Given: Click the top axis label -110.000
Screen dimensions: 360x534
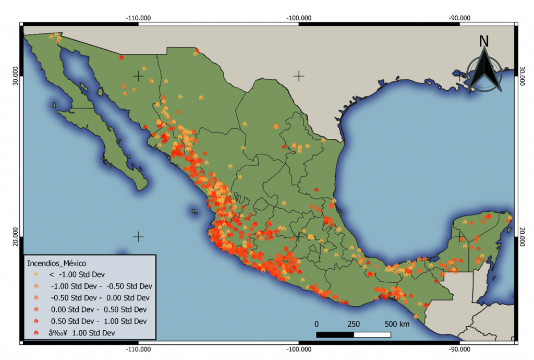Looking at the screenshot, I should [x=138, y=17].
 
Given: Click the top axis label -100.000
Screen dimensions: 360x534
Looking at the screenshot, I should [x=299, y=17].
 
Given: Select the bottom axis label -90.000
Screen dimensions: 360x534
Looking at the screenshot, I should [x=459, y=349].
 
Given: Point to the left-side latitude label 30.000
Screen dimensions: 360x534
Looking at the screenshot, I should [x=15, y=76].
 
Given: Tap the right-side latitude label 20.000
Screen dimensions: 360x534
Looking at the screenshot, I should [x=523, y=236].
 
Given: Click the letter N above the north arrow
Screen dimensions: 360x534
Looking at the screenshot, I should [x=484, y=41].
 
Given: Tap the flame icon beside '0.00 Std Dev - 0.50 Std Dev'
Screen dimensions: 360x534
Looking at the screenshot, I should [x=36, y=309].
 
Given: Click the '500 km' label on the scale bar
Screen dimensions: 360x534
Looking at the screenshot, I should [x=397, y=323].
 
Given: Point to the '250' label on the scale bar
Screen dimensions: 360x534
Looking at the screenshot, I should [x=354, y=323].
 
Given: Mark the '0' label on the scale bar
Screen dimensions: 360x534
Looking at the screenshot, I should [x=317, y=323].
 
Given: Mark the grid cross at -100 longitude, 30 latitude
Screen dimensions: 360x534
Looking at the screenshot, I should [x=299, y=76].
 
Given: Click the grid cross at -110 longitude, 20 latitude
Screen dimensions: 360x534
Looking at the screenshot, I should [x=138, y=237].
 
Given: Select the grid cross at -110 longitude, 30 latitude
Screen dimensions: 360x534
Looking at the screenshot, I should [x=138, y=76].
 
